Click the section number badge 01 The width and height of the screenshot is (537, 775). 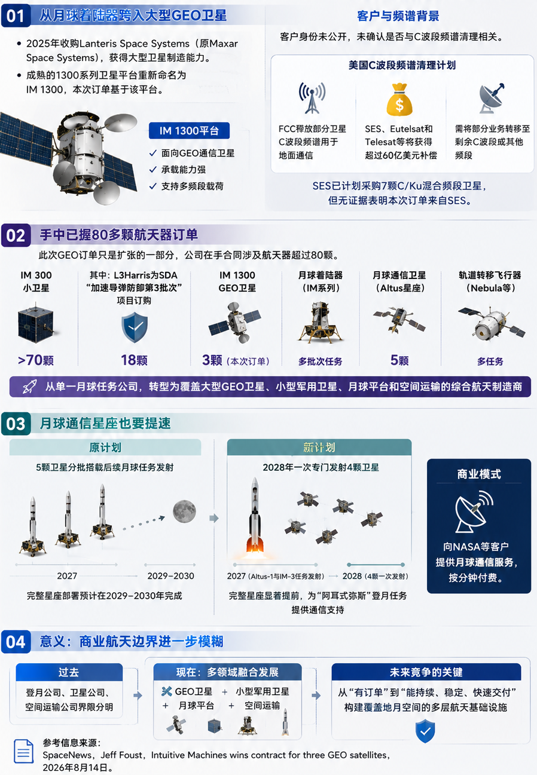(x=16, y=16)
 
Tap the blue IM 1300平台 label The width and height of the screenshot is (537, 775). (x=189, y=131)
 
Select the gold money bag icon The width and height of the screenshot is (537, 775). (x=399, y=100)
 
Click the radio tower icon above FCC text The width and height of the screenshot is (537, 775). (x=312, y=98)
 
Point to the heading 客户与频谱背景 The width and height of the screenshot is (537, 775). (x=398, y=16)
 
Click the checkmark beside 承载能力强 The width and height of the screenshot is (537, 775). (x=152, y=170)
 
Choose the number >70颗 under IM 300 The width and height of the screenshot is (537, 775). (x=36, y=360)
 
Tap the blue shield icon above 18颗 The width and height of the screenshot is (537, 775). (x=135, y=327)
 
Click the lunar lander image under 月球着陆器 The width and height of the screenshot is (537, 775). (x=321, y=323)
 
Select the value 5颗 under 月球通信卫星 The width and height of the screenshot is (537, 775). (x=399, y=360)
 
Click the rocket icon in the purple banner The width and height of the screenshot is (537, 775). (x=29, y=387)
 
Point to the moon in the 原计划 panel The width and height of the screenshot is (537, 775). (x=185, y=511)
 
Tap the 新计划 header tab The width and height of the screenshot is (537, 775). (x=319, y=448)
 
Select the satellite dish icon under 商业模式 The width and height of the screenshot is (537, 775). (x=474, y=512)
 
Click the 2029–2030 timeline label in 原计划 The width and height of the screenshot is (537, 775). (x=170, y=575)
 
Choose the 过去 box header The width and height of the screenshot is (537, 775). (x=69, y=672)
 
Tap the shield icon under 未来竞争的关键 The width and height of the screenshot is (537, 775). (x=425, y=731)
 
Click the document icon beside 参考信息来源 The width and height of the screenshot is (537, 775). (x=23, y=751)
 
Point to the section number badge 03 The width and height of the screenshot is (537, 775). (x=16, y=424)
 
